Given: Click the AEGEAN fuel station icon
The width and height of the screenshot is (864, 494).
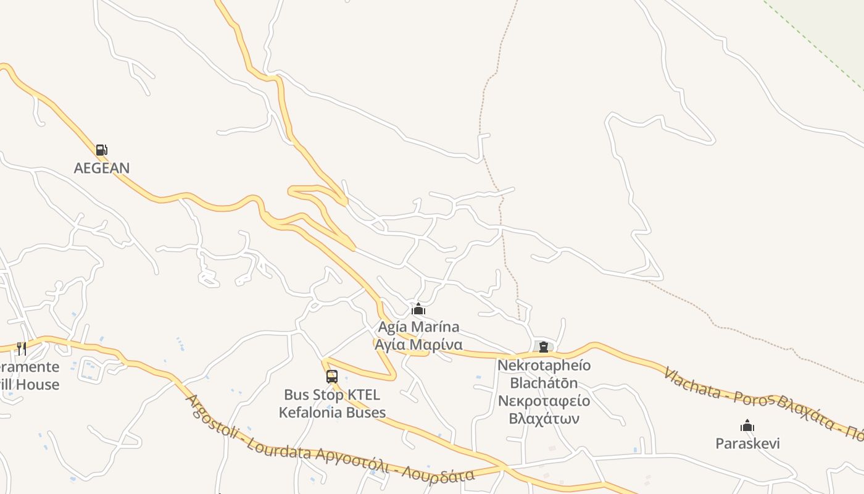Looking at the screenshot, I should (101, 149).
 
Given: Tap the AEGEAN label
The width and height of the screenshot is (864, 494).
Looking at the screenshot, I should (102, 168).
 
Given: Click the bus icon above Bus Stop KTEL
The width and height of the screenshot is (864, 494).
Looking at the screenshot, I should (332, 376).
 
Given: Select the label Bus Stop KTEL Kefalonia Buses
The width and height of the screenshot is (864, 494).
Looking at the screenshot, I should (332, 404).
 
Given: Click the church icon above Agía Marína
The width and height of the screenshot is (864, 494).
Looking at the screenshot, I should (418, 309).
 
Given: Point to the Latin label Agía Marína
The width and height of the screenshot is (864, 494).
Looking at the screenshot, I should (418, 327).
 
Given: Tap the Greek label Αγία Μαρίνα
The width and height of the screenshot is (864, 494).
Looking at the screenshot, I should (418, 344).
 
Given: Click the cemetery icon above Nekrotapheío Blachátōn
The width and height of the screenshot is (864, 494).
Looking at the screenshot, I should (544, 347).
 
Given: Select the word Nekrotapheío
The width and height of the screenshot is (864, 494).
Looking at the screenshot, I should (544, 365).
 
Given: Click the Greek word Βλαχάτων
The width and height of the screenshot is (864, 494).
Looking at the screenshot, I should (544, 419).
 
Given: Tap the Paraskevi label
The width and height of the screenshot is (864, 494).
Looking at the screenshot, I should (747, 443).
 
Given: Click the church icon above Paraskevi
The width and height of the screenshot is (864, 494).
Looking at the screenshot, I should (747, 425).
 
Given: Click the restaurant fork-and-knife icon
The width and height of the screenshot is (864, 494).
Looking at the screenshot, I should (22, 349).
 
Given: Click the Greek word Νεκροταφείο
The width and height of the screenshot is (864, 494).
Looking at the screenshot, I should (544, 401).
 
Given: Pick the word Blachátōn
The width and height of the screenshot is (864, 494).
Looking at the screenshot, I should (544, 383).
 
